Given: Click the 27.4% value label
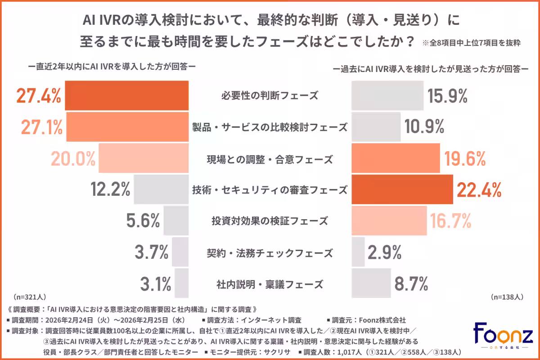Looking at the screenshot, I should [x=38, y=96].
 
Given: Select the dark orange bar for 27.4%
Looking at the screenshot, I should [x=126, y=96].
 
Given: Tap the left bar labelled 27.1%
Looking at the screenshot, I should [x=127, y=127].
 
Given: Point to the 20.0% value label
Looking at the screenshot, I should [x=72, y=159].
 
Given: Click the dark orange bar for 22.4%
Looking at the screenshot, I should [x=402, y=190].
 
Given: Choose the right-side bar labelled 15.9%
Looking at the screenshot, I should [x=387, y=96].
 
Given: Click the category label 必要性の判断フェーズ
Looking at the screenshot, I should [x=270, y=96].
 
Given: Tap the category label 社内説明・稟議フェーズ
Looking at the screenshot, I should [x=270, y=284].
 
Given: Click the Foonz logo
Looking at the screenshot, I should [x=503, y=335].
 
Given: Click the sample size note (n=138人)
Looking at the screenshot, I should [x=506, y=297].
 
